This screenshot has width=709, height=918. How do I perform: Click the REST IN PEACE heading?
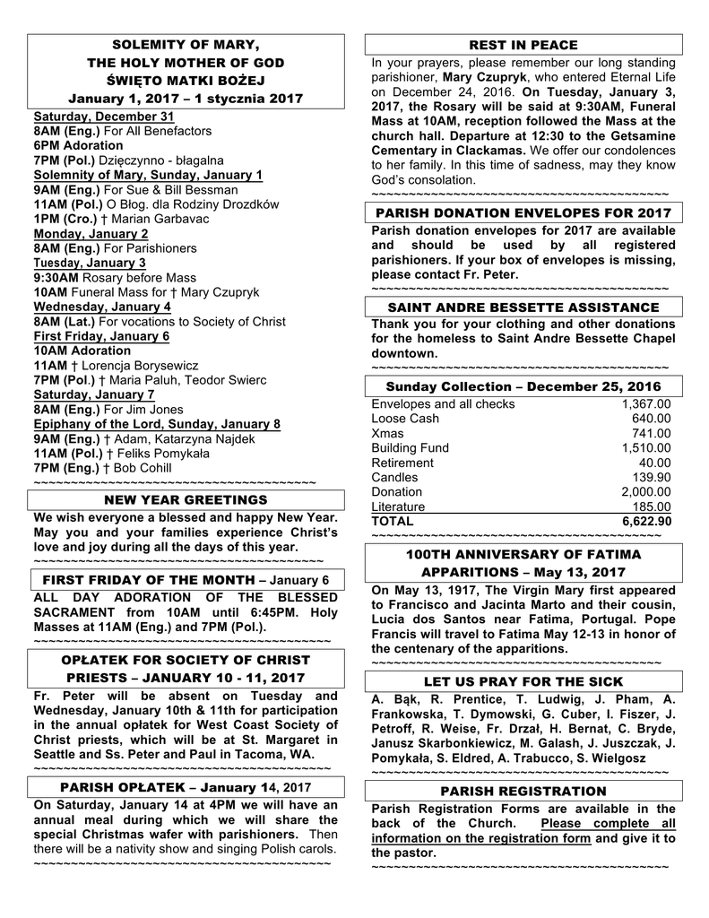523,45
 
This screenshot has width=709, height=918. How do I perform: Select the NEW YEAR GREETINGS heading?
186,499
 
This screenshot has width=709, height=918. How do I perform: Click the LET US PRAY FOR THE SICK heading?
523,681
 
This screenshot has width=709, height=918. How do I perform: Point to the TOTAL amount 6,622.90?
646,521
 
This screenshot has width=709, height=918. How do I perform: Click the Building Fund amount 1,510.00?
646,448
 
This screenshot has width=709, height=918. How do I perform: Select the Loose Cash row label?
405,419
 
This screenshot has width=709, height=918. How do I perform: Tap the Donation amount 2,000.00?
646,491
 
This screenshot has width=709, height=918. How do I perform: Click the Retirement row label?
402,463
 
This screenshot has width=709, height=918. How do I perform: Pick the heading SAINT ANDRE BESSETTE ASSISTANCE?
523,307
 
